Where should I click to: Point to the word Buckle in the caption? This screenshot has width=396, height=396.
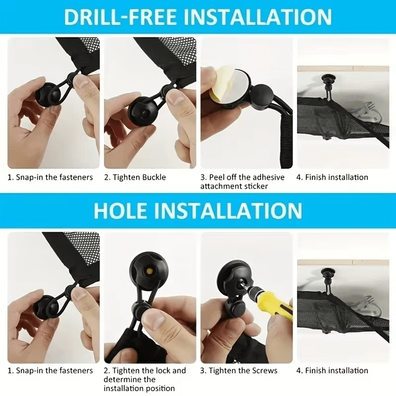(154, 177)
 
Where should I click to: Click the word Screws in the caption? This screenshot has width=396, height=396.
(265, 371)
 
